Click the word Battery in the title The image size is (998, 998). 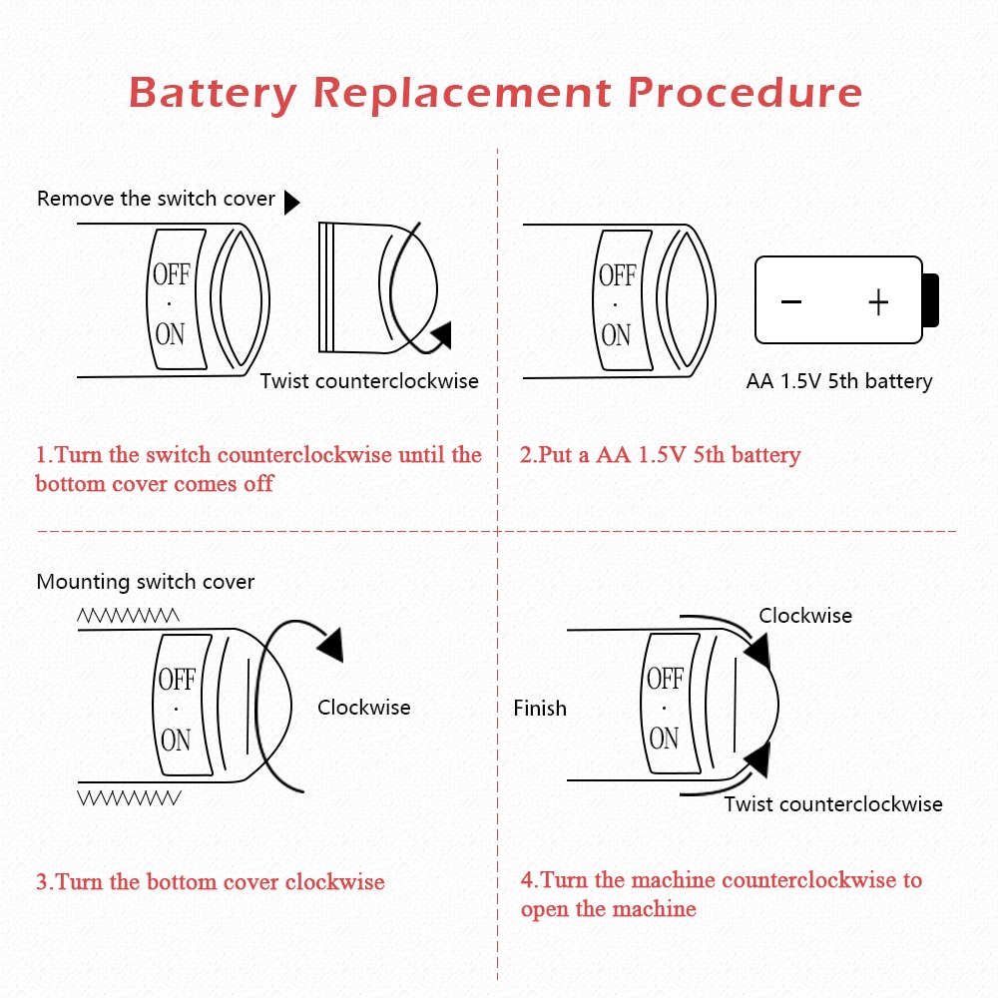click(213, 93)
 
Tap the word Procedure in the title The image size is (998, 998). click(745, 93)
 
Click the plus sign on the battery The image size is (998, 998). click(878, 301)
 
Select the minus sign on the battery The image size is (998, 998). click(791, 301)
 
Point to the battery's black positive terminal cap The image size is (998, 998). click(930, 299)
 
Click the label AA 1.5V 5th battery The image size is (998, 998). click(839, 381)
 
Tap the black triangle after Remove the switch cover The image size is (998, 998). click(291, 203)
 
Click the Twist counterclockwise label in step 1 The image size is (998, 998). click(369, 381)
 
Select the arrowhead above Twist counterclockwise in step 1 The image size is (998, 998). click(440, 334)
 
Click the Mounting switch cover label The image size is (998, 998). click(146, 582)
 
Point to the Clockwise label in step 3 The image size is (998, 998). click(363, 708)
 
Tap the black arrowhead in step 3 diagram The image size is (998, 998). click(330, 644)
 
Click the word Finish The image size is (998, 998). click(540, 709)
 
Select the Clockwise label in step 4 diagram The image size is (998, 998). click(805, 616)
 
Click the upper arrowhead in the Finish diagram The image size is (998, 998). click(757, 652)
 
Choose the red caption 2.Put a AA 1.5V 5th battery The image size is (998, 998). click(660, 456)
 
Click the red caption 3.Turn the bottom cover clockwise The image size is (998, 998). click(210, 882)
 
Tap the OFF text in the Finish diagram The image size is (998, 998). click(664, 680)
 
